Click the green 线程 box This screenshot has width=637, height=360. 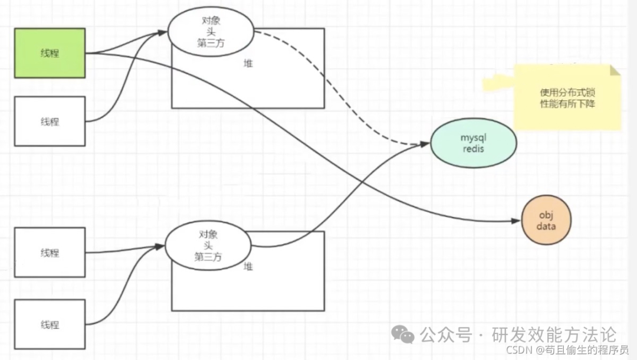pos(50,53)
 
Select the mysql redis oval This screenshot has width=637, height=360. pos(473,143)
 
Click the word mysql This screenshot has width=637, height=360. pos(473,138)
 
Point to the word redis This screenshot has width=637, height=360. pos(473,149)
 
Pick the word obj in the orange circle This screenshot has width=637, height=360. pos(546,214)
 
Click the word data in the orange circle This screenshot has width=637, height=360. pos(546,226)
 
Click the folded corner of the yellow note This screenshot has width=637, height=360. pos(615,70)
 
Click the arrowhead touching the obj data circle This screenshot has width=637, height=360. pos(517,221)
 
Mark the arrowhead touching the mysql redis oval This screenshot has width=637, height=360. pos(426,143)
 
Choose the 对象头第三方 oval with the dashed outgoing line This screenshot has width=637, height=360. pos(211,31)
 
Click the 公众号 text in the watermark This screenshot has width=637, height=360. pos(446,335)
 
